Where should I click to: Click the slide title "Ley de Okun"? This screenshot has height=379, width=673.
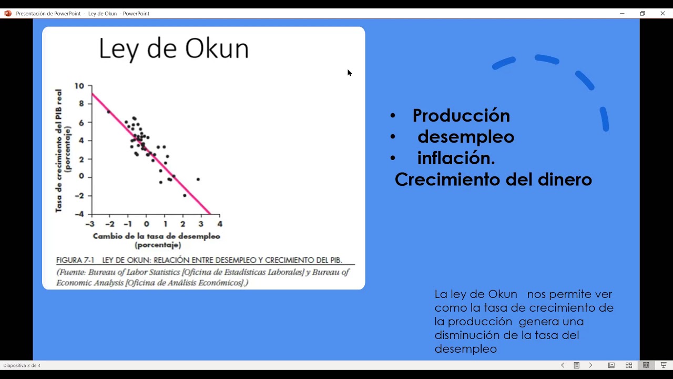pos(174,49)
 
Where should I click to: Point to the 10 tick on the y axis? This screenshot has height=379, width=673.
pos(79,86)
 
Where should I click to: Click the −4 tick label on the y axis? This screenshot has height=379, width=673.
pos(79,214)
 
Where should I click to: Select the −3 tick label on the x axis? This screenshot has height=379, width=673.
pos(91,224)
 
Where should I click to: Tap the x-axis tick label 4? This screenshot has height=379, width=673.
pos(220,224)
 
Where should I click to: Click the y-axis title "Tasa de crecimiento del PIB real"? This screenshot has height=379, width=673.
pos(59,150)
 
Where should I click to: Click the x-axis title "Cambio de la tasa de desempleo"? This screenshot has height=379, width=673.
pos(156,236)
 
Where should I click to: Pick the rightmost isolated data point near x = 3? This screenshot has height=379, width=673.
pos(198,179)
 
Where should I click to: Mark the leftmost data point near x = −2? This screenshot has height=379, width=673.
pos(109,112)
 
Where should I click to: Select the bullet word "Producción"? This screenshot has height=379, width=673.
pos(461,115)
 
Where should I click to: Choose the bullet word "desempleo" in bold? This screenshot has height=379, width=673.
pos(465,137)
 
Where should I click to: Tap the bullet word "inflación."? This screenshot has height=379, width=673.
pos(456,158)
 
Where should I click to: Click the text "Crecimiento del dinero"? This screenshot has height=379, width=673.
pos(493,179)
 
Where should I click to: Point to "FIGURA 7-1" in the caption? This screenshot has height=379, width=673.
pos(75,260)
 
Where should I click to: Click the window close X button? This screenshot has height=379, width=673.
pos(662,13)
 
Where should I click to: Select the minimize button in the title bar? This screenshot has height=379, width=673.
pos(622,13)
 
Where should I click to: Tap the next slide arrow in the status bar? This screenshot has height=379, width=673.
pos(590,365)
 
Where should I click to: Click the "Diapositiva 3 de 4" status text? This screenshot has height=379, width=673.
pos(22,365)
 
